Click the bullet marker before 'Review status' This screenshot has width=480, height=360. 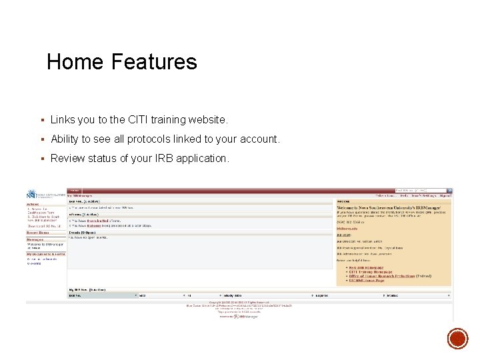pos(41,159)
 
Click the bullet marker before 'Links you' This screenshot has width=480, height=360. pos(41,120)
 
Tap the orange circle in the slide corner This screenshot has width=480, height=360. pos(457,340)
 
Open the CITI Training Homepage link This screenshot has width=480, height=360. pos(370,271)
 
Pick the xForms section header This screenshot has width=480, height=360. pos(83,215)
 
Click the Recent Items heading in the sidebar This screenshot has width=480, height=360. pos(37,233)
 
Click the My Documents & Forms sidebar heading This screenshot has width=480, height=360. pos(46,254)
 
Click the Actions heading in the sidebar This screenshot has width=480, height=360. pos(33,205)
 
